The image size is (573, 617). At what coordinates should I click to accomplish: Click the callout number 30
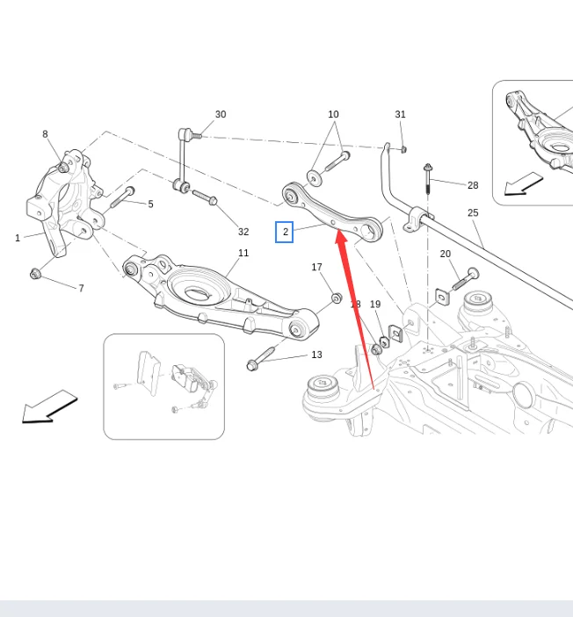[x=221, y=114]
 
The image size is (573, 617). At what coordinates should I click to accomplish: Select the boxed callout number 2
[x=284, y=232]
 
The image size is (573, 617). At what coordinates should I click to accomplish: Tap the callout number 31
[x=401, y=114]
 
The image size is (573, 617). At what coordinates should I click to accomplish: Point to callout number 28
[x=473, y=185]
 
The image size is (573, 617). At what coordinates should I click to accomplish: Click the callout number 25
[x=473, y=212]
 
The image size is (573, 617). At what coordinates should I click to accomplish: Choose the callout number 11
[x=243, y=253]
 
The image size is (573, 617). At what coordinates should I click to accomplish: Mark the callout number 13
[x=316, y=355]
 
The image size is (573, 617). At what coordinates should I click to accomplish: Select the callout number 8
[x=45, y=134]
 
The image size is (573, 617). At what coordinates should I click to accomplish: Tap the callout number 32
[x=243, y=232]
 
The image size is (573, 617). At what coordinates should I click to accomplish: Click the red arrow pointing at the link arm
[x=356, y=307]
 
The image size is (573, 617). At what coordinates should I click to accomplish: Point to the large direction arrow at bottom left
[x=49, y=408]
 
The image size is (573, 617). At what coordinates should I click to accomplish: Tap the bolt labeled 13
[x=264, y=360]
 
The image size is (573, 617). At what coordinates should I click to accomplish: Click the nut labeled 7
[x=36, y=274]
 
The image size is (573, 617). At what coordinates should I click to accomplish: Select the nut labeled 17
[x=337, y=298]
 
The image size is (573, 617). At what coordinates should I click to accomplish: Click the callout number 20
[x=446, y=254]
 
